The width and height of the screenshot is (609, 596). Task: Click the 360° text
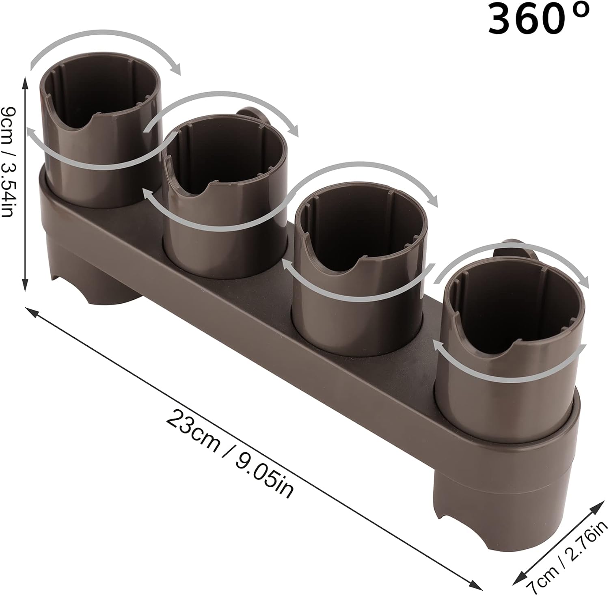pyautogui.click(x=538, y=19)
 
